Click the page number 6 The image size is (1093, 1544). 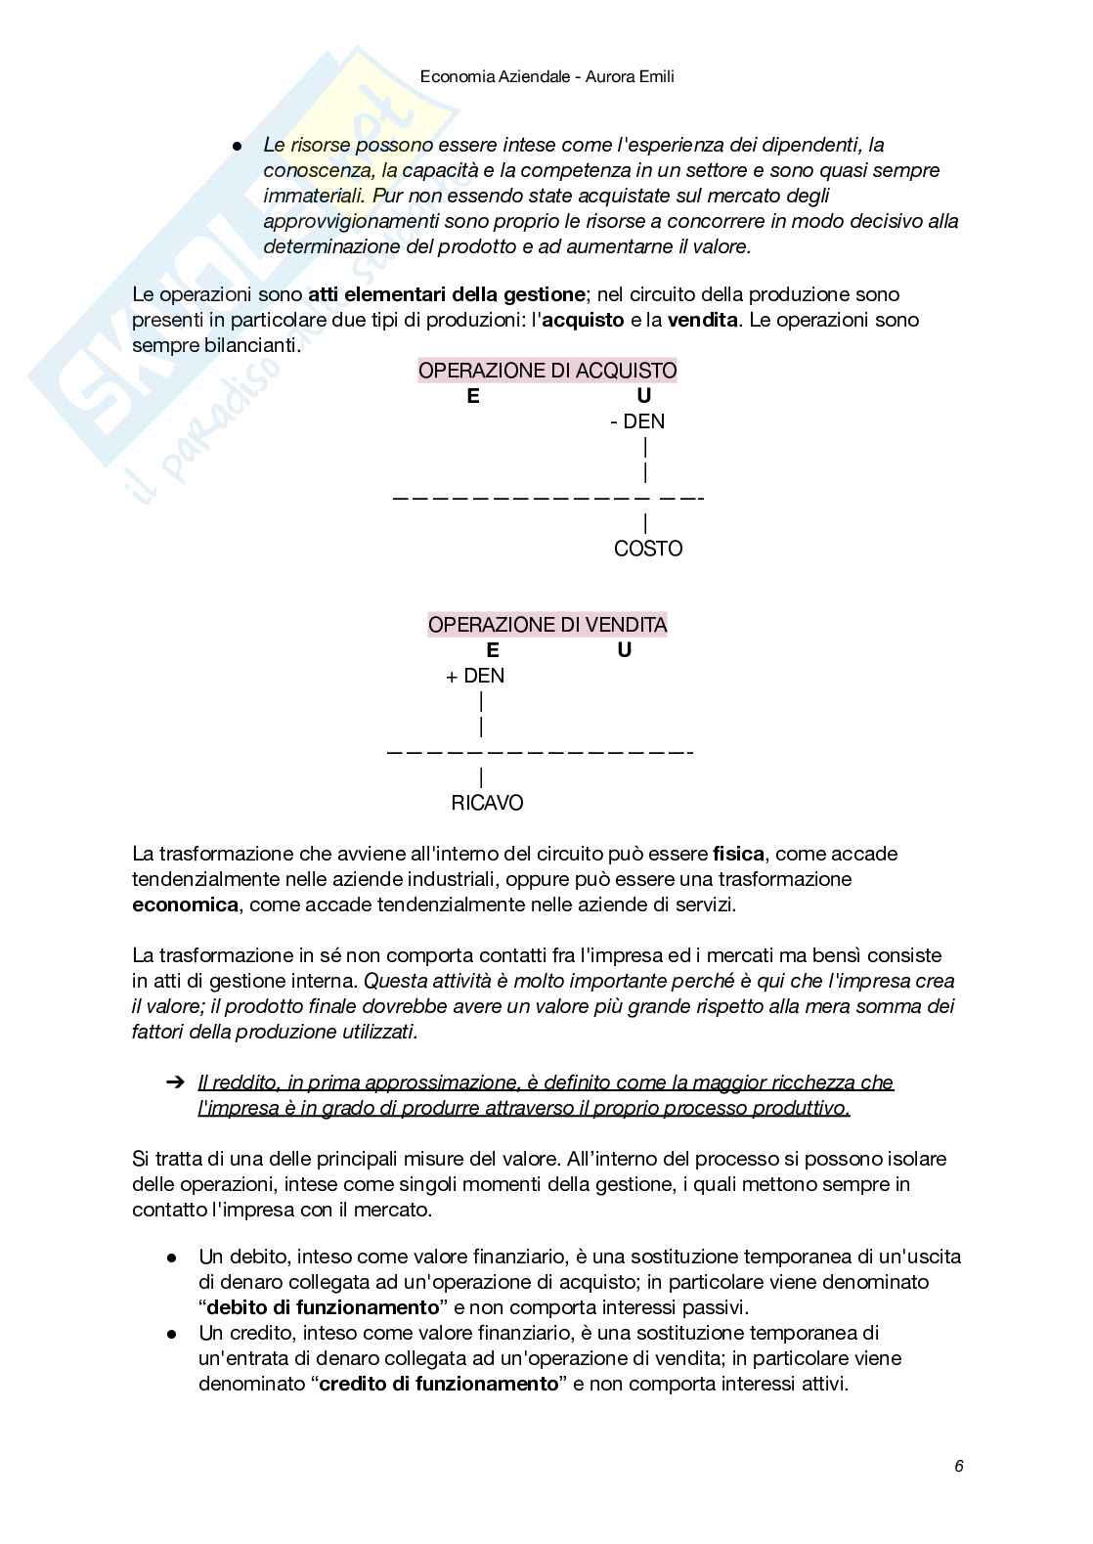(x=959, y=1466)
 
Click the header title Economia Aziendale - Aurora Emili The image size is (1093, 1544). (x=546, y=76)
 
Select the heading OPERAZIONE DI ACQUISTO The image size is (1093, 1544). (x=546, y=371)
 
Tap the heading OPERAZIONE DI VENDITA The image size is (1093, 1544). (x=546, y=625)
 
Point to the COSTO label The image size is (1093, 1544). (x=647, y=549)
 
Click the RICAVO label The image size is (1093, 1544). (x=487, y=803)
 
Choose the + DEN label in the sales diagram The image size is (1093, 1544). (x=475, y=676)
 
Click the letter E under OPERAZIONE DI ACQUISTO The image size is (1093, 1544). (x=473, y=396)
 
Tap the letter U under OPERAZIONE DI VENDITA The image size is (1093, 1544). (x=625, y=650)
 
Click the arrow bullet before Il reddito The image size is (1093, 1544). (x=175, y=1082)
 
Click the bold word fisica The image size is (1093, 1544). (x=738, y=854)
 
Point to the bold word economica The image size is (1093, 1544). (x=185, y=904)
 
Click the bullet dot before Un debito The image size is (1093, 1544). (x=172, y=1257)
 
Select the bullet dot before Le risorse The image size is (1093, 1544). (x=237, y=146)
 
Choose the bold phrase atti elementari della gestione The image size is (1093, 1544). (x=447, y=294)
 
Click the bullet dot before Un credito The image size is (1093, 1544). (x=172, y=1333)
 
